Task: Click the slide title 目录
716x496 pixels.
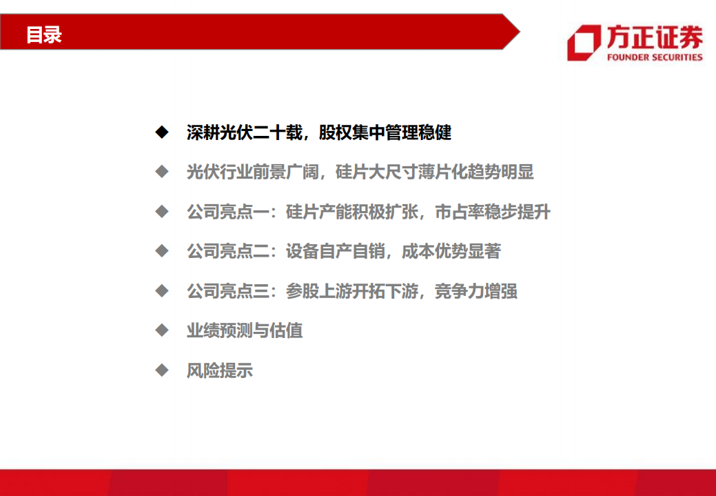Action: [44, 34]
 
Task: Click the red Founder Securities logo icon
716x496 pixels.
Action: [584, 43]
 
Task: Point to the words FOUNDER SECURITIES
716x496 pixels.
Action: [655, 57]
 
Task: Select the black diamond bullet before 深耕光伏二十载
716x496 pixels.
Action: [161, 132]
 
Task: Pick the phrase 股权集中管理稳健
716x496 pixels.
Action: [385, 132]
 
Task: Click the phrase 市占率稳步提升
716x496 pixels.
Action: [493, 212]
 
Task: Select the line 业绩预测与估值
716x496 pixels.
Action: [245, 330]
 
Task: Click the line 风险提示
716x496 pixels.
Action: [220, 370]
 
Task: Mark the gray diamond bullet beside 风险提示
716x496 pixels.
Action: [161, 370]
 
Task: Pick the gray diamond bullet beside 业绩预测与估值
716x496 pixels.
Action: [161, 330]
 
